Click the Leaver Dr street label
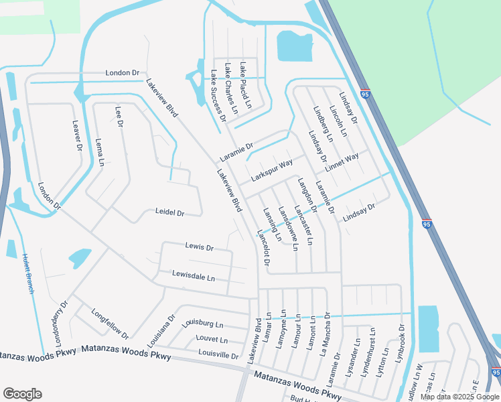point(77,135)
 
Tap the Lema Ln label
point(100,152)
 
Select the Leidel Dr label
point(169,212)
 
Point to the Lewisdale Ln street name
point(194,277)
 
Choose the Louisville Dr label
point(218,355)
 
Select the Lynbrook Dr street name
point(401,344)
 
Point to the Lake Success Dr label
point(218,96)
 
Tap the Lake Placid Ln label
point(245,85)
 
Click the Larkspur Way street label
point(272,171)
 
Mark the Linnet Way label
point(342,161)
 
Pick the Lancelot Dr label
point(263,247)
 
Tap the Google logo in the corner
point(22,394)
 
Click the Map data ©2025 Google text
point(459,397)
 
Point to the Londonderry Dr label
point(58,324)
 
